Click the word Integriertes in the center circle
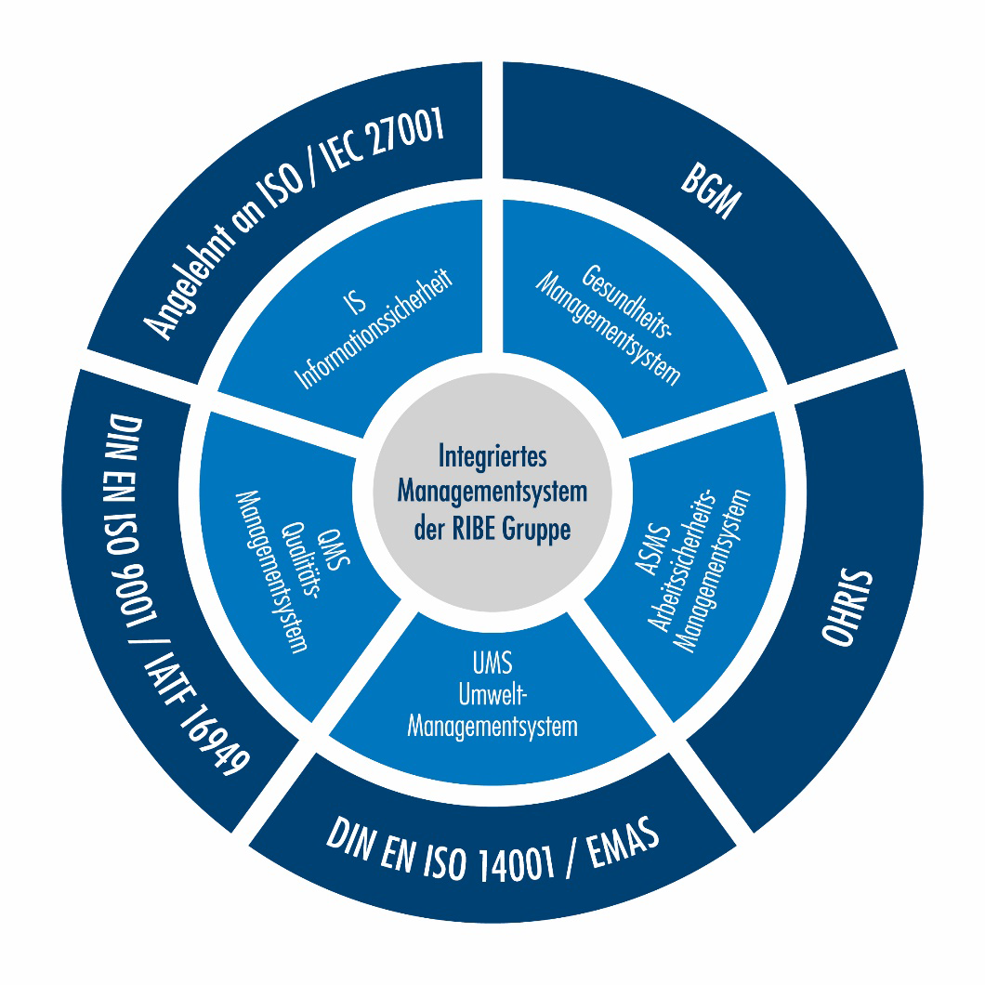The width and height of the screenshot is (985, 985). click(x=492, y=457)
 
